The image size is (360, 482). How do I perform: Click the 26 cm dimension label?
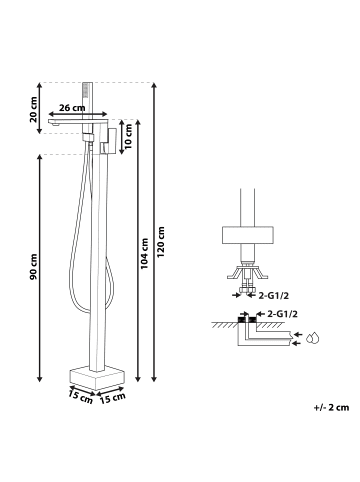click(72, 108)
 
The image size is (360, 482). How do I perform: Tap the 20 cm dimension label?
click(33, 110)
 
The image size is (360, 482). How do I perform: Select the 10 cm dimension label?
click(127, 136)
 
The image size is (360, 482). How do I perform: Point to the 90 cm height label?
click(33, 267)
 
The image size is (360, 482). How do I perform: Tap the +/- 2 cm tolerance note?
click(331, 407)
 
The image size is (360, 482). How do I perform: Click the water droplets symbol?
click(313, 338)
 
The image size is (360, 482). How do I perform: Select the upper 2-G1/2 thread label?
click(273, 295)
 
